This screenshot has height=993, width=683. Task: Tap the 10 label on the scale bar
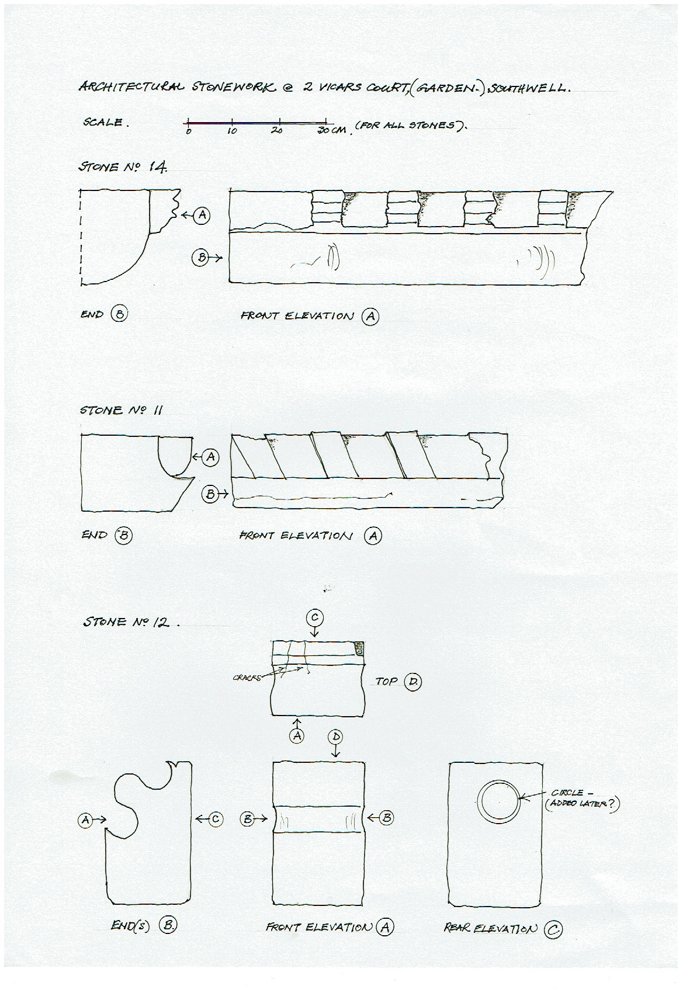click(232, 131)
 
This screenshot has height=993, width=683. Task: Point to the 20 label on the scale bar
click(277, 130)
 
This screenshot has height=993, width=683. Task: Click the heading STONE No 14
click(123, 167)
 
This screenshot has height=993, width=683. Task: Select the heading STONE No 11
click(121, 410)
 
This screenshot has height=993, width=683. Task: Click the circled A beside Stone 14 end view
click(202, 215)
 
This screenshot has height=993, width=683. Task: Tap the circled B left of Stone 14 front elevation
click(200, 258)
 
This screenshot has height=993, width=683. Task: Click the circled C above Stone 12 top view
click(315, 618)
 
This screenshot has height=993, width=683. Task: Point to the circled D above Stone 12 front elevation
click(336, 737)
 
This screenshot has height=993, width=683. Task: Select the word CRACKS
click(248, 678)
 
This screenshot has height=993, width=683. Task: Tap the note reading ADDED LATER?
click(581, 804)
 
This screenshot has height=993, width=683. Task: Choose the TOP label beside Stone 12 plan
click(387, 681)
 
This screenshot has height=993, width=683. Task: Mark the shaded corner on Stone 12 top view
click(359, 648)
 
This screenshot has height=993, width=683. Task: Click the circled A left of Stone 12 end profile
click(86, 820)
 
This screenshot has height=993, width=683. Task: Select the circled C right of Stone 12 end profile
click(216, 819)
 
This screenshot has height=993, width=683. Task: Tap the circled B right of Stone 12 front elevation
click(386, 818)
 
